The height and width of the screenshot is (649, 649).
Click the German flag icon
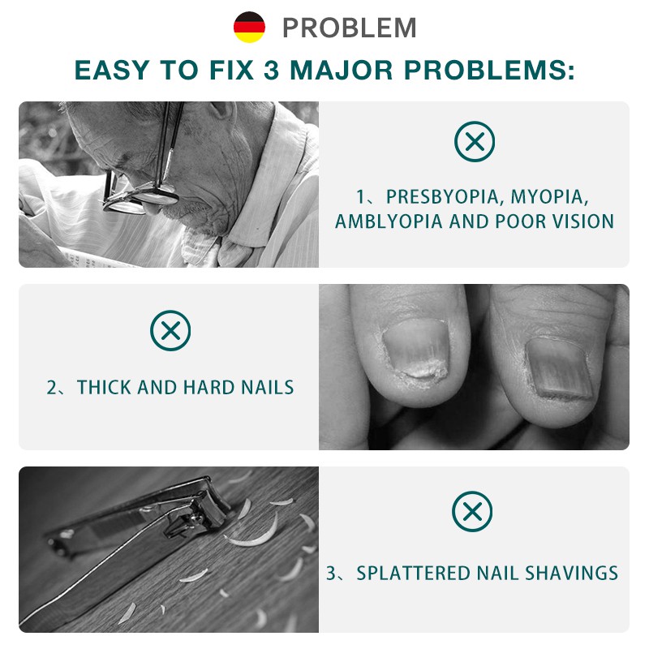click(249, 27)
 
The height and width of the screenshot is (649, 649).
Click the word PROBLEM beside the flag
click(350, 28)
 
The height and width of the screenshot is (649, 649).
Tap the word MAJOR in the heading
click(341, 70)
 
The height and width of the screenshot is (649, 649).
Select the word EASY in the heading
click(112, 70)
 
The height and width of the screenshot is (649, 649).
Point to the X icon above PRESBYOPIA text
click(475, 141)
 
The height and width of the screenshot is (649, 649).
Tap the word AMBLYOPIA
click(389, 221)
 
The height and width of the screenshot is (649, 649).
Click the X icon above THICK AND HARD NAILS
click(170, 331)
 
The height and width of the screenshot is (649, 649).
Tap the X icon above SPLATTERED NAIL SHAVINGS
click(472, 511)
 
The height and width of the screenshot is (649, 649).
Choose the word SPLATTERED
click(414, 574)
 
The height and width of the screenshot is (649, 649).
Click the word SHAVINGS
click(571, 574)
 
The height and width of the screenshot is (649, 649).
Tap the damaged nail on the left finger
click(415, 349)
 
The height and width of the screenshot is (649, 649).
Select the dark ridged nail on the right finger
click(559, 367)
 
